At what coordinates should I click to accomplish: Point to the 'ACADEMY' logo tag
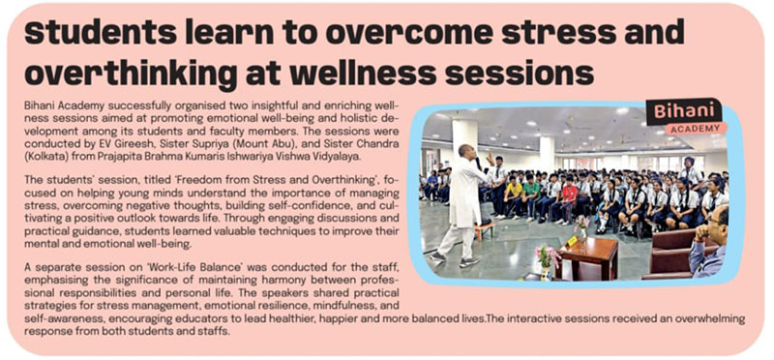pyautogui.click(x=695, y=129)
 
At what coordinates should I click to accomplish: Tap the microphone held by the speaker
pyautogui.click(x=478, y=163)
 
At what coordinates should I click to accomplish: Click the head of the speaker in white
pyautogui.click(x=464, y=152)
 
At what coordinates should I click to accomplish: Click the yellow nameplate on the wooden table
pyautogui.click(x=572, y=242)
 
